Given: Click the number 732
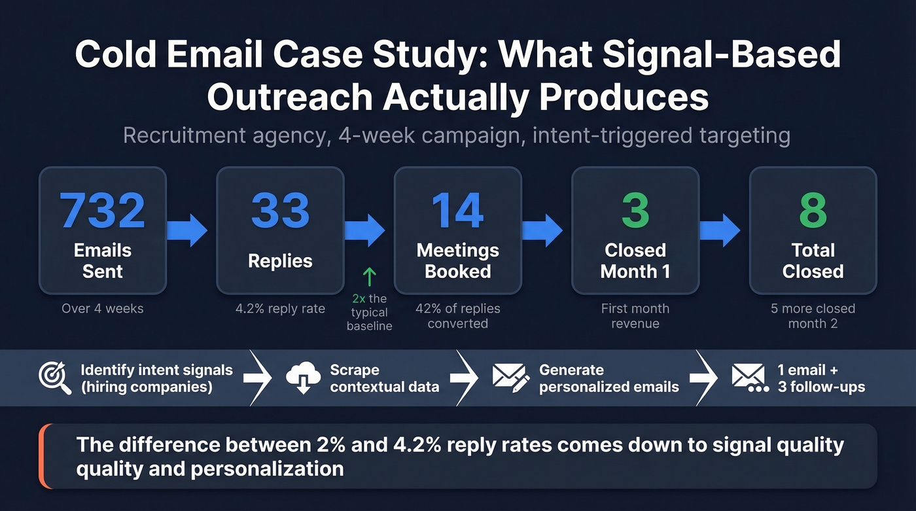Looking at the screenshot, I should [x=103, y=210].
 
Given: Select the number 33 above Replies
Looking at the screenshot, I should [x=280, y=210].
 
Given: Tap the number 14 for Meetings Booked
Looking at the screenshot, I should [x=457, y=210].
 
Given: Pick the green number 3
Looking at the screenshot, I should [x=635, y=210].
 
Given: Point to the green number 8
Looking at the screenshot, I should [x=813, y=210].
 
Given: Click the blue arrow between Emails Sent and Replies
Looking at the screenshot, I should [x=187, y=230].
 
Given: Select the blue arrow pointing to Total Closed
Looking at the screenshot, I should [x=720, y=230].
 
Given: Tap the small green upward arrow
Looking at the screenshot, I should [x=369, y=277].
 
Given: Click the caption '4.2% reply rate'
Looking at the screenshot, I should [x=280, y=308].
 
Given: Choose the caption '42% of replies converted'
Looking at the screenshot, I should [x=457, y=315].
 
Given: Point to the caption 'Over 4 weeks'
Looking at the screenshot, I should [x=103, y=308].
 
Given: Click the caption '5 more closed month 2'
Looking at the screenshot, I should [x=813, y=315].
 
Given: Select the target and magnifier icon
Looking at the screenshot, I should [x=55, y=378].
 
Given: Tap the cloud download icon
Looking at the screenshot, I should [x=304, y=378].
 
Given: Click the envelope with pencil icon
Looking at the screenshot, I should [x=511, y=378].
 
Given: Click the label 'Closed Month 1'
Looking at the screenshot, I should [x=635, y=260].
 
